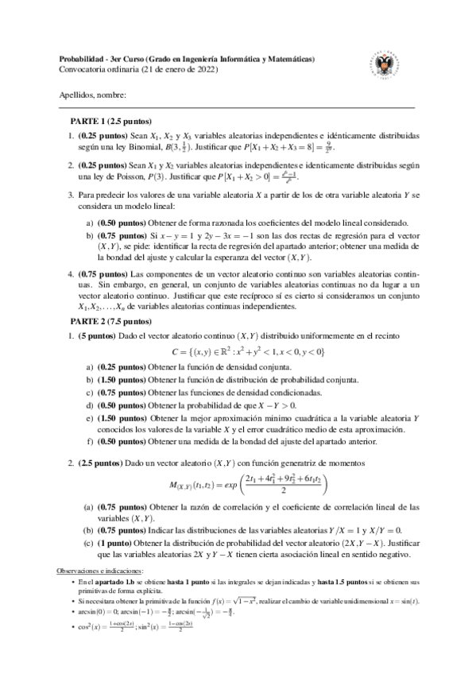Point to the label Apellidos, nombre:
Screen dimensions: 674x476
[93, 95]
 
